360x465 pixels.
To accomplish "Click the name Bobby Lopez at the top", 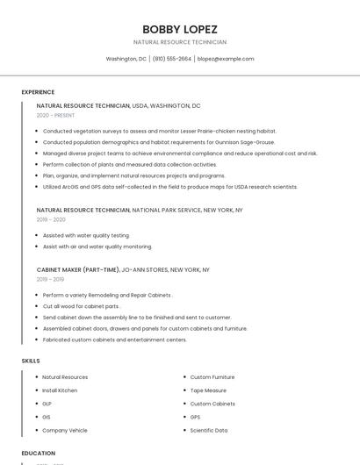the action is (180, 29).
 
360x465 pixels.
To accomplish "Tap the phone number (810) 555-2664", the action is (172, 59).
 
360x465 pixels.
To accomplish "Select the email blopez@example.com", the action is (226, 59).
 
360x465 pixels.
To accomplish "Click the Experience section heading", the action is (38, 92).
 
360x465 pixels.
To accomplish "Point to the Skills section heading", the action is (31, 361).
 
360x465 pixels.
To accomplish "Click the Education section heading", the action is (39, 454).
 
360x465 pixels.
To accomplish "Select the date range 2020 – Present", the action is (55, 115).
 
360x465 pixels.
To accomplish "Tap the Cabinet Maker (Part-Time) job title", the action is (78, 270).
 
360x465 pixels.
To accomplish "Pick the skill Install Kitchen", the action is (60, 390).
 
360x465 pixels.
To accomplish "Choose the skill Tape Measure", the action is (208, 390).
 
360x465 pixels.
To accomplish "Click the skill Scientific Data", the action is (209, 431).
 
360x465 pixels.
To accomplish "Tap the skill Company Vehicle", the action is (65, 431).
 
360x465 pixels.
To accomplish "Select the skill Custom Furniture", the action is (212, 377).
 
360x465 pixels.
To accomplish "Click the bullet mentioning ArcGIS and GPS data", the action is (170, 187).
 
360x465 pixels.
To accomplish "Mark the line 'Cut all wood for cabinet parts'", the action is (81, 306).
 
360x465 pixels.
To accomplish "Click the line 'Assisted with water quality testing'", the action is (86, 235).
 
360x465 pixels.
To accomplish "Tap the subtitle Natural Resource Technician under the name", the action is (180, 42).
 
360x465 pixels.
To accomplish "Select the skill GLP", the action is (47, 404).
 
